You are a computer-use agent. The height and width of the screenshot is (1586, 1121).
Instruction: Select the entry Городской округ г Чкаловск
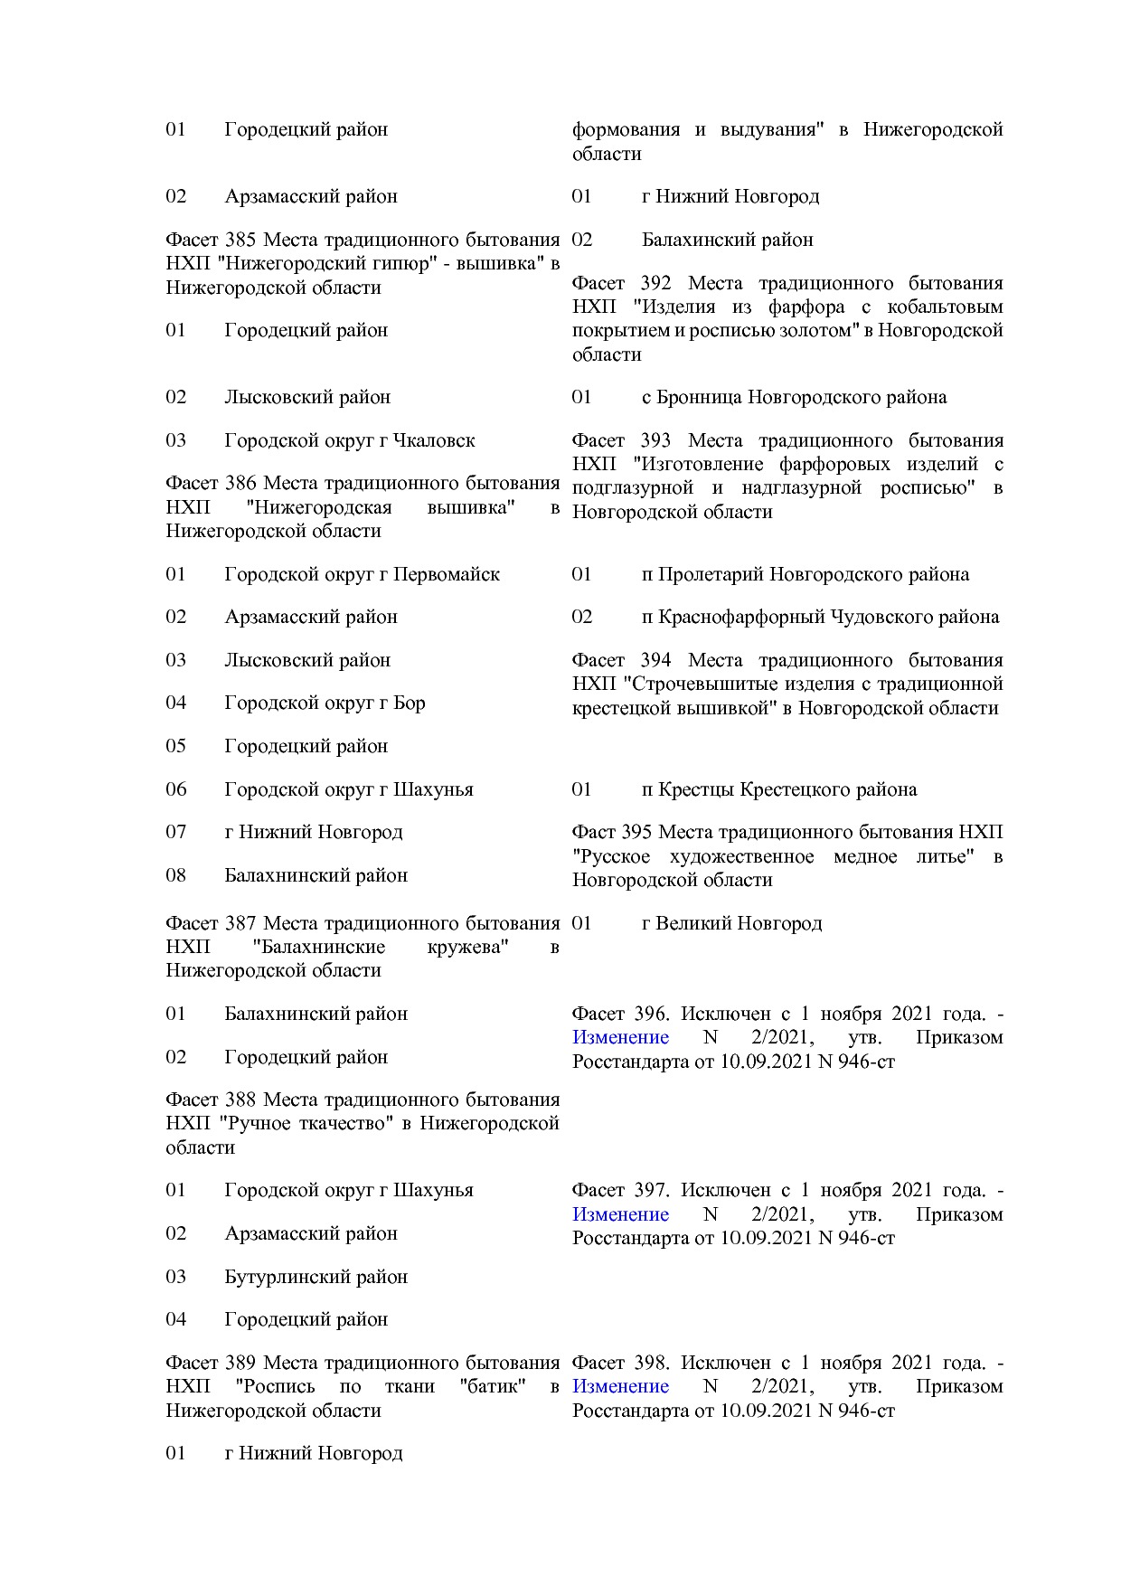(x=349, y=440)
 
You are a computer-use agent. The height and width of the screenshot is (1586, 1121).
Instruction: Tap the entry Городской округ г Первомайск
(x=362, y=574)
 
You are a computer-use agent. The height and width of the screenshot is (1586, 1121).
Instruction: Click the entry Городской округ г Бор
(x=325, y=703)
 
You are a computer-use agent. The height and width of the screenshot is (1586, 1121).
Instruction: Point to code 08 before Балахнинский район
(x=175, y=875)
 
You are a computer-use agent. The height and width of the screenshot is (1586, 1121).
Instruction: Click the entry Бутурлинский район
(x=316, y=1277)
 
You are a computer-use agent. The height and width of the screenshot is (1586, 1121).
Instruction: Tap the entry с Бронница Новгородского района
(x=794, y=397)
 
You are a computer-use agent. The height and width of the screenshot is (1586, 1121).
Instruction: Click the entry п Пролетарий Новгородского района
(x=805, y=574)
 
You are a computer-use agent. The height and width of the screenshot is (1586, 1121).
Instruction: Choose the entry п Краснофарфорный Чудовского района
(x=820, y=617)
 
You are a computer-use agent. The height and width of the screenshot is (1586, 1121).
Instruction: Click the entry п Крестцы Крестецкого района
(x=778, y=789)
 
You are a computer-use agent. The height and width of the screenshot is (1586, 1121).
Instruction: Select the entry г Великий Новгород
(x=731, y=923)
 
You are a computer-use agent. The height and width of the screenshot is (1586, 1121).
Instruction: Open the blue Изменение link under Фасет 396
(x=620, y=1037)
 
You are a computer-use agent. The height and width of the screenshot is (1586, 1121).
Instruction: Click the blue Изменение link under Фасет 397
(x=620, y=1214)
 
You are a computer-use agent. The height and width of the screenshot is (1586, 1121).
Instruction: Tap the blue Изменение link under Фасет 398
(x=620, y=1386)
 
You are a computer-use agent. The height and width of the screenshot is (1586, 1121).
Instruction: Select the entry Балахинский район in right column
(x=727, y=240)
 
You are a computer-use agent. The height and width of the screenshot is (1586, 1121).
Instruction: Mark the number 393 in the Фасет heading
(x=655, y=440)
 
